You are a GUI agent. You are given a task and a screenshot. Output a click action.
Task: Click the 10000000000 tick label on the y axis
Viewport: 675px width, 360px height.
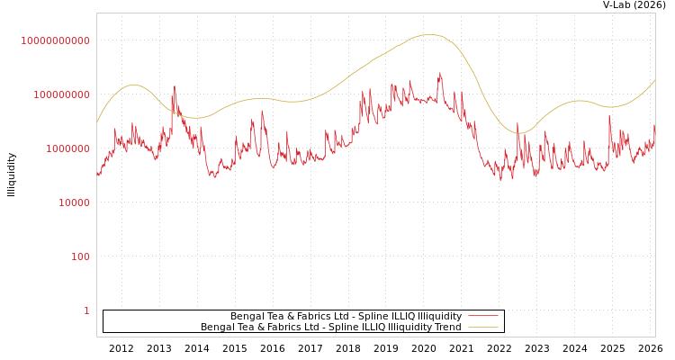point(56,40)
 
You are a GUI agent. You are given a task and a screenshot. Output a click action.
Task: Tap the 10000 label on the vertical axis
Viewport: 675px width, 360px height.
point(69,202)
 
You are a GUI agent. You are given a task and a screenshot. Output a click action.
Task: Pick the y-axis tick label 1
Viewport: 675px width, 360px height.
point(86,310)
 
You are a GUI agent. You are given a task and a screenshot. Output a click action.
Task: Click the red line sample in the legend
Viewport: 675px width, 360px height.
point(483,316)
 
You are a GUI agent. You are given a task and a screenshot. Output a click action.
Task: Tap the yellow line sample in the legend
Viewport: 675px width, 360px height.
point(483,327)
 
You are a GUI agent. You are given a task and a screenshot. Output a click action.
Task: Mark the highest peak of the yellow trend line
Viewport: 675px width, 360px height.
point(432,35)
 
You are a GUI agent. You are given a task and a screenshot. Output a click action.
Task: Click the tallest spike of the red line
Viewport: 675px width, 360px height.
point(440,73)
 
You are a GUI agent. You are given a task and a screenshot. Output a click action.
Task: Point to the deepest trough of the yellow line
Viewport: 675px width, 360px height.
point(519,133)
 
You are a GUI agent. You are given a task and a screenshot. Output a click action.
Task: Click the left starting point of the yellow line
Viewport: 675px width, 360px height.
point(97,121)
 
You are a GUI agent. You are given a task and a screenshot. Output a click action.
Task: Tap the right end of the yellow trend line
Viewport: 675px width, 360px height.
point(654,80)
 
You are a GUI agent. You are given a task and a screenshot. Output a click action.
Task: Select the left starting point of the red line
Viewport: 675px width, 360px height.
point(97,175)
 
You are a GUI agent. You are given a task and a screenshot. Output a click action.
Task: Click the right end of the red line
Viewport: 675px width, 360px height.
point(654,126)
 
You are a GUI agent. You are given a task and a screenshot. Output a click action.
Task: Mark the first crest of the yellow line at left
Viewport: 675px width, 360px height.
point(134,85)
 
